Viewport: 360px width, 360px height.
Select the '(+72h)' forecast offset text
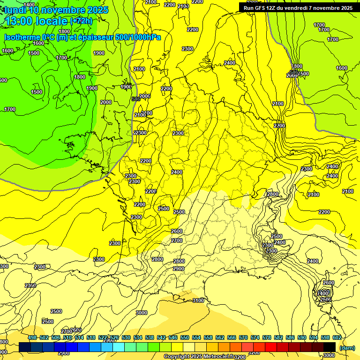point(81,21)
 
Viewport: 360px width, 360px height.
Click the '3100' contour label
point(198,300)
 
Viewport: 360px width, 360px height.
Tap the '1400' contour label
point(29,5)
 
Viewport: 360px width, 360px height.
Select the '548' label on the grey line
point(136,99)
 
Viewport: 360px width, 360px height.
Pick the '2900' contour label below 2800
point(179,269)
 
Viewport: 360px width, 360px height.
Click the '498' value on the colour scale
point(32,337)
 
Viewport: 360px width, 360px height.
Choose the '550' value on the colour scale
point(185,337)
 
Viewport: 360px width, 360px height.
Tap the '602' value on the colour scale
point(337,337)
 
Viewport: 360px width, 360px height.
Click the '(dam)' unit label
point(346,347)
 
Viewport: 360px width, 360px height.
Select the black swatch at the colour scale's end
point(330,347)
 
